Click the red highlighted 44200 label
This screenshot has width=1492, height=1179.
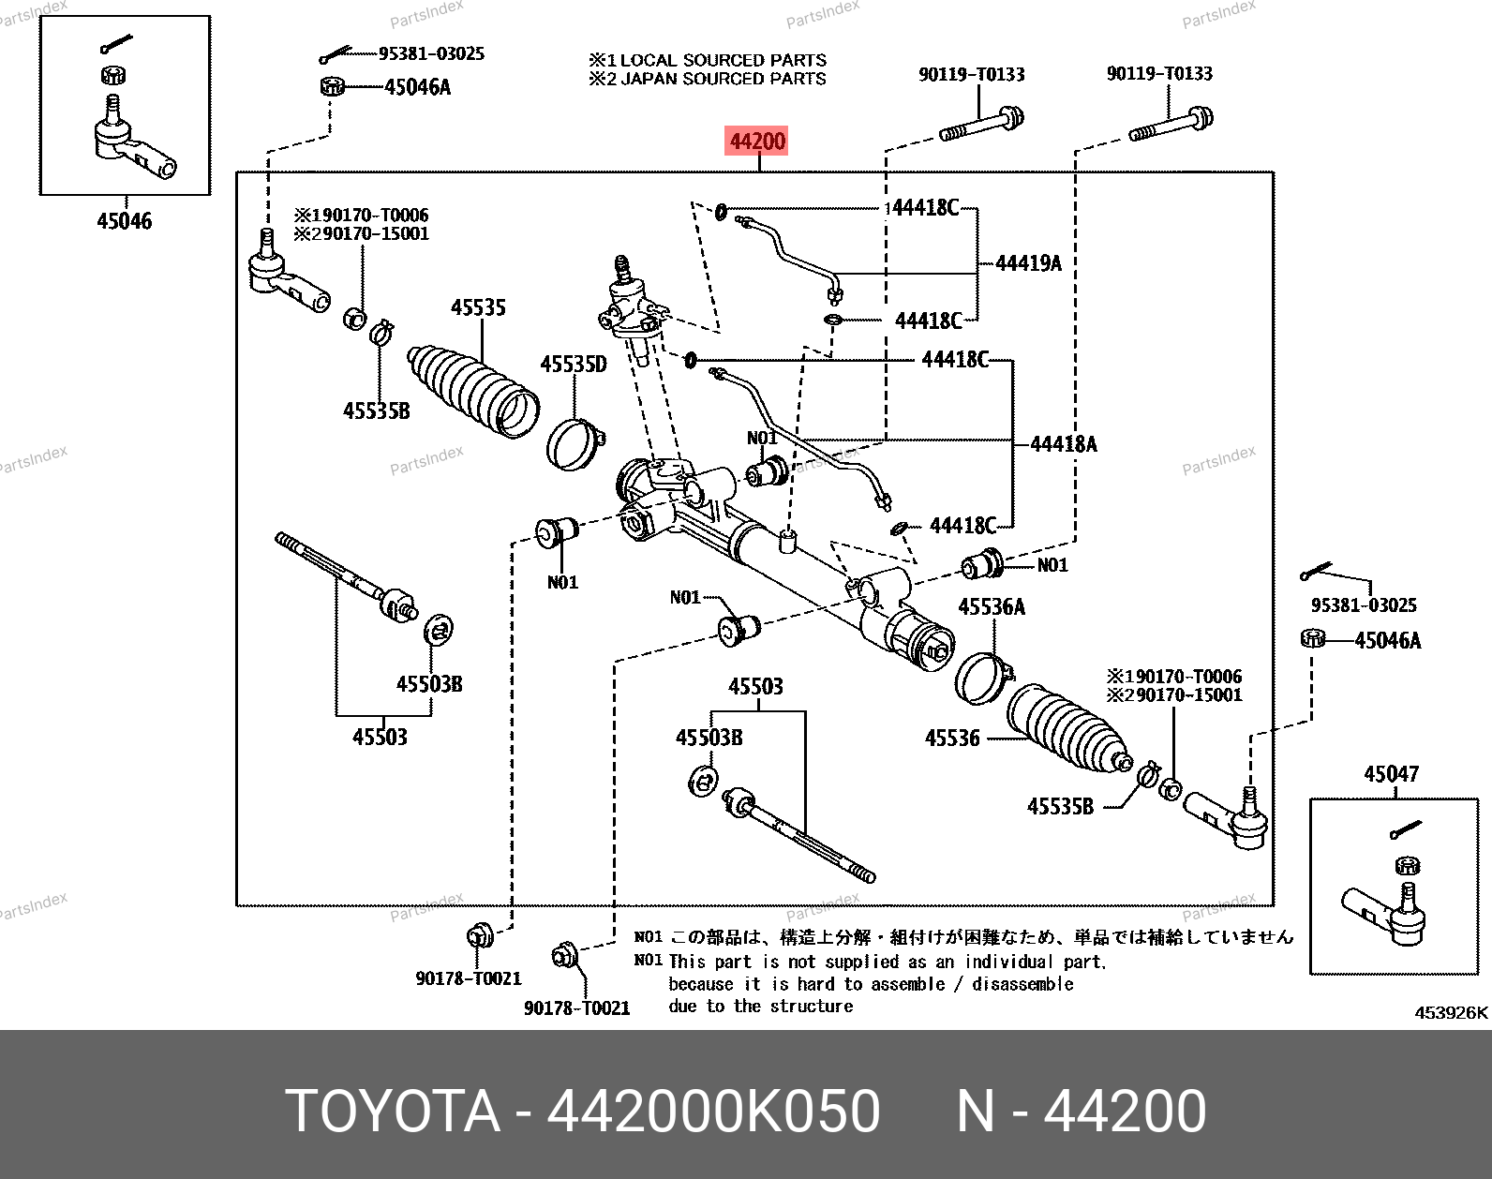tap(756, 142)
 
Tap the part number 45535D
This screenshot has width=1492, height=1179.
tap(574, 364)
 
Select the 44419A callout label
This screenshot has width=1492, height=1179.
tap(1028, 262)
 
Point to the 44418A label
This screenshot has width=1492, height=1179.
tap(1064, 444)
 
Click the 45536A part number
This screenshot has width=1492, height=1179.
tap(992, 607)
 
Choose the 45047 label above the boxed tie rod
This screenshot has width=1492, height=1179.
tap(1392, 773)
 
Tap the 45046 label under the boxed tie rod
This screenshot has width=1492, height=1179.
tap(124, 220)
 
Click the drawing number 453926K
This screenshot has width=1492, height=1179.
tap(1451, 1013)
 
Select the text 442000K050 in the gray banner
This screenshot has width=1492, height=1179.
tap(713, 1111)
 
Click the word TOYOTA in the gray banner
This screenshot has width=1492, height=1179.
tap(393, 1111)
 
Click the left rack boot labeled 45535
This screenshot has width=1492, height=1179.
tap(473, 392)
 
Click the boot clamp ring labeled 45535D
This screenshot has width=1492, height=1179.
tap(576, 444)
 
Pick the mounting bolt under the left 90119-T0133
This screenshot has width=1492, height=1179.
tap(981, 124)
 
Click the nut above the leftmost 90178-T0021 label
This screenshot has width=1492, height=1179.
tap(480, 935)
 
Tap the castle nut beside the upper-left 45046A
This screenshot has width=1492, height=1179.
tap(333, 86)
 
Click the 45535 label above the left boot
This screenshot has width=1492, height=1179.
tap(478, 307)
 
